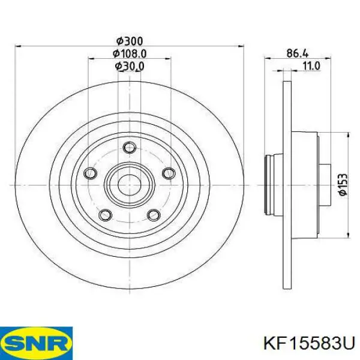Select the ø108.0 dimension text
(x=130, y=53)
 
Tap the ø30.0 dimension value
(x=130, y=66)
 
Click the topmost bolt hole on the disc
(x=128, y=148)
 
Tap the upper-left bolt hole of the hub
(x=91, y=173)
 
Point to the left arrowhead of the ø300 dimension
(x=17, y=46)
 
